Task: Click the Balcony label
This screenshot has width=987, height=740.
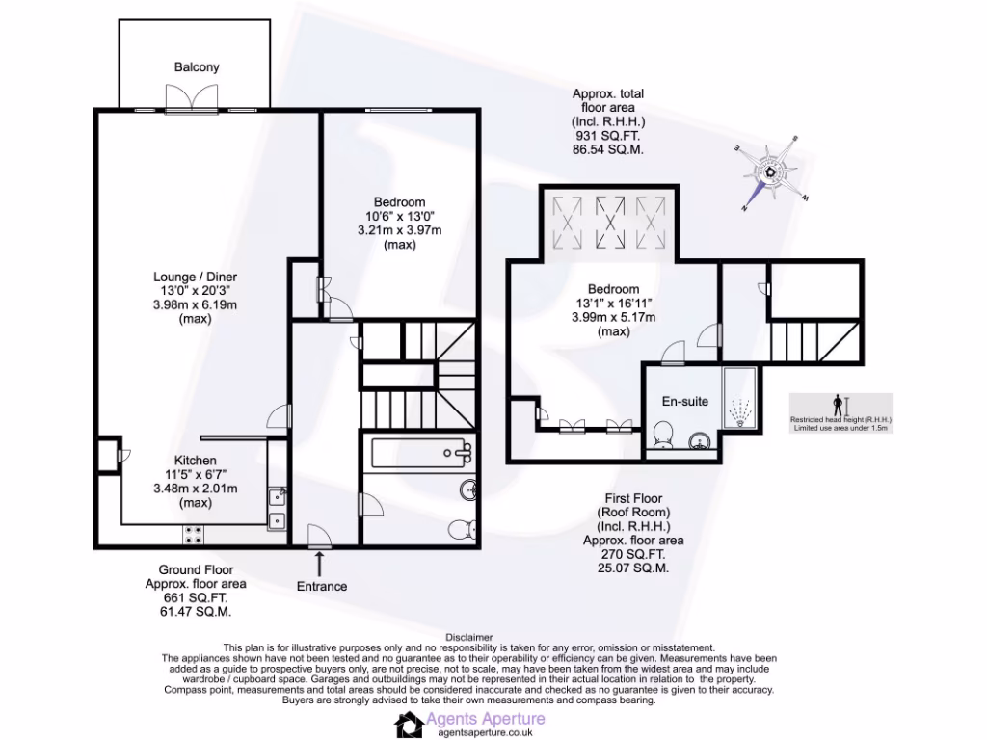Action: coord(197,67)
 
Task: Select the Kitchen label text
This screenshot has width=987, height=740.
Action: coord(195,461)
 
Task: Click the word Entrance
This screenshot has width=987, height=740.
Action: coord(322,586)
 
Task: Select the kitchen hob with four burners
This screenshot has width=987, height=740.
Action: coord(191,532)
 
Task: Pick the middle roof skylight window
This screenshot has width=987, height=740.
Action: coord(608,223)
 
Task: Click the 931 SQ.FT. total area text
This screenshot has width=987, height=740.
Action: coord(607,137)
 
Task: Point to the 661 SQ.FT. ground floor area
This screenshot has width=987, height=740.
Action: coord(189,597)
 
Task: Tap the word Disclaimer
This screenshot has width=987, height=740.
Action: coord(469,637)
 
